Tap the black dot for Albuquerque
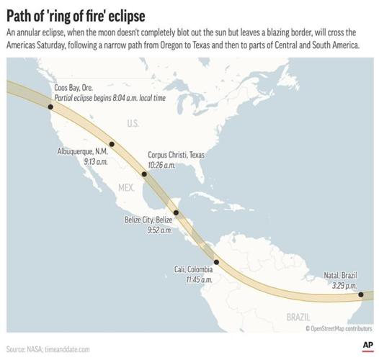(112, 144)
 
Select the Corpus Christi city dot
(144, 174)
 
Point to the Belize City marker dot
(176, 212)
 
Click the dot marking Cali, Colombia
(216, 262)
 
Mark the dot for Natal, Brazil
(360, 294)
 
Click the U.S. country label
(133, 124)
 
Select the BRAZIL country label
(297, 317)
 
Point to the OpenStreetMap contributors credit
(339, 328)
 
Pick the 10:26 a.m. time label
(161, 165)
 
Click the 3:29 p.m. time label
(342, 286)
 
